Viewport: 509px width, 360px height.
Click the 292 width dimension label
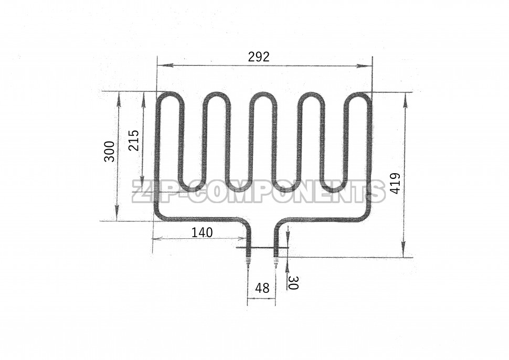click(x=259, y=57)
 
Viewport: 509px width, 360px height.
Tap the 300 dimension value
click(x=109, y=152)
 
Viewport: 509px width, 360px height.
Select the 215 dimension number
click(x=133, y=140)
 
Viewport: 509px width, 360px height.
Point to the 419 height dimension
click(x=395, y=184)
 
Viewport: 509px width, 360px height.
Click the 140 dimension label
click(x=202, y=232)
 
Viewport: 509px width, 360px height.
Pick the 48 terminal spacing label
click(x=262, y=288)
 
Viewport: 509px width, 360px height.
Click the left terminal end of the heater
click(x=248, y=262)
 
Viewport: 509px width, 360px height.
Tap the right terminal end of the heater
click(x=276, y=262)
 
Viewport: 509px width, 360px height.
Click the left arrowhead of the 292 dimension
click(x=162, y=65)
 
